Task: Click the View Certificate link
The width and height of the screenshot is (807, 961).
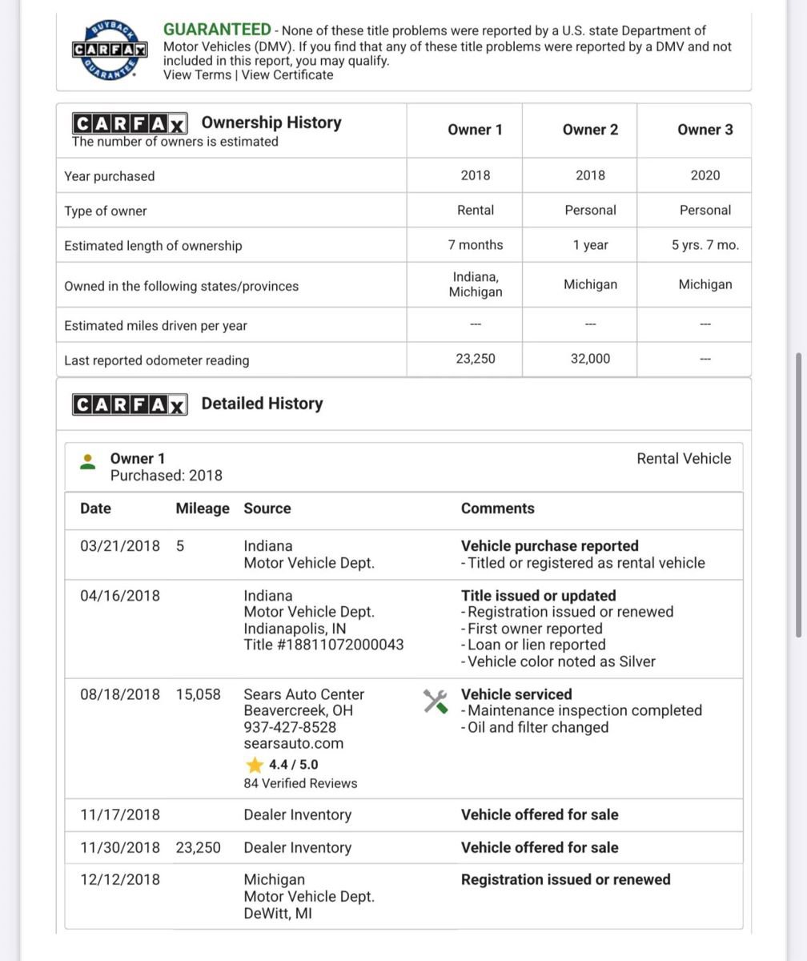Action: (287, 75)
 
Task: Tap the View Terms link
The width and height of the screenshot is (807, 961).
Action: (197, 75)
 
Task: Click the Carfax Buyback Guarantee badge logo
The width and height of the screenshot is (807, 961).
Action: (109, 50)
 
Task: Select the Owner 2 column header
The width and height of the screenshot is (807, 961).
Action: (590, 130)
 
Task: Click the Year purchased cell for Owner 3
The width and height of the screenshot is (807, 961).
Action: (705, 175)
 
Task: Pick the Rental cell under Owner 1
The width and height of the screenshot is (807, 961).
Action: (475, 211)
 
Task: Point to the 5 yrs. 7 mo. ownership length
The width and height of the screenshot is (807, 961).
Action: (705, 245)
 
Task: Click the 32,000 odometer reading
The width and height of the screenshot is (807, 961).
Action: (590, 360)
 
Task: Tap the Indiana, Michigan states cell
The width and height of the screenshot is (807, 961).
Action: (475, 284)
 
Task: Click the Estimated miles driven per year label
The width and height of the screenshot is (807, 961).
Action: (155, 326)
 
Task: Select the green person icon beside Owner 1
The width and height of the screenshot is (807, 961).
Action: (88, 462)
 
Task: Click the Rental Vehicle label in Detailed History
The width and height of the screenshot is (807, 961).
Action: (684, 459)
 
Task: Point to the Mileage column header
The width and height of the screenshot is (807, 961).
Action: (203, 509)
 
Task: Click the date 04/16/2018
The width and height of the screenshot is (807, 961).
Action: (120, 596)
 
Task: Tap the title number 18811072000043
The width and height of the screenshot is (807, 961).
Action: (323, 645)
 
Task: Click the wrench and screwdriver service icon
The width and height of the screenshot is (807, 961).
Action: (436, 702)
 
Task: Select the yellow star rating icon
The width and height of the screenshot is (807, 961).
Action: (255, 765)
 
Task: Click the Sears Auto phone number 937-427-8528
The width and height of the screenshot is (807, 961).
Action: (290, 727)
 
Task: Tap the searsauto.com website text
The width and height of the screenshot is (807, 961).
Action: (293, 744)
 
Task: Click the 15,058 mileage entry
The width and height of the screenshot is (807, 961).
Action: (198, 694)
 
